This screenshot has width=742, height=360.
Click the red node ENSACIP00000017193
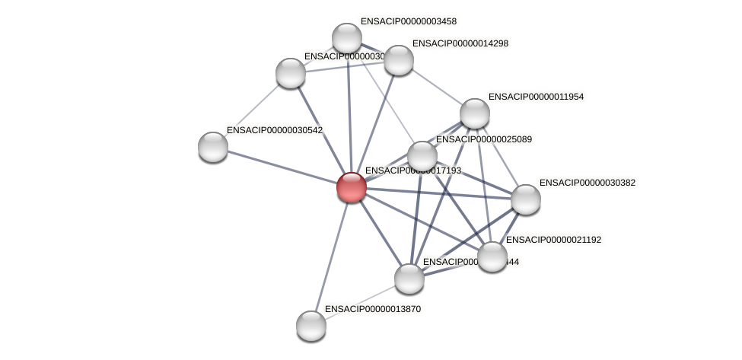tap(351, 187)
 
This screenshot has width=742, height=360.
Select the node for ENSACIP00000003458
tap(347, 38)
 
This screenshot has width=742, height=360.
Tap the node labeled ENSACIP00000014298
tap(398, 60)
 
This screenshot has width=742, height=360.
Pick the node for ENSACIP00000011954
tap(475, 113)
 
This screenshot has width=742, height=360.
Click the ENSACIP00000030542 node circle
tap(213, 147)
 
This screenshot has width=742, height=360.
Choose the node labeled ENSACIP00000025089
tap(422, 156)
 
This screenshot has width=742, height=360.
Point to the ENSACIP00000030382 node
tap(525, 199)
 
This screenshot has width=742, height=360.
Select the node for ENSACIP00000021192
tap(492, 256)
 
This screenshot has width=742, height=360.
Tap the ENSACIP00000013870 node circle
tap(310, 326)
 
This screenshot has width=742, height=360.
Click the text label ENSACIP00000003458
tap(409, 21)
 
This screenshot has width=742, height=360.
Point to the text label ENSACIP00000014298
tap(460, 43)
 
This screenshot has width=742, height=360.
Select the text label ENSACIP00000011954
tap(536, 97)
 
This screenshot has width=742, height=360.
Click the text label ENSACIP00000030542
tap(274, 130)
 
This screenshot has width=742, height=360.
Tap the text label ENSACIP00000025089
tap(483, 139)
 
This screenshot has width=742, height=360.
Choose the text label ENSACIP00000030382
tap(587, 183)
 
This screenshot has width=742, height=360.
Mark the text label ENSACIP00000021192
tap(553, 240)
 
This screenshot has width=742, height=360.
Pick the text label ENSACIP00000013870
tap(372, 309)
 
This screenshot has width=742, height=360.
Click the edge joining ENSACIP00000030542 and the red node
tap(282, 167)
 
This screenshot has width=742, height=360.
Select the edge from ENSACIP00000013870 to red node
tap(331, 256)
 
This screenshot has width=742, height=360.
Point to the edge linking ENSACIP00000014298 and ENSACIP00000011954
tap(436, 87)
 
